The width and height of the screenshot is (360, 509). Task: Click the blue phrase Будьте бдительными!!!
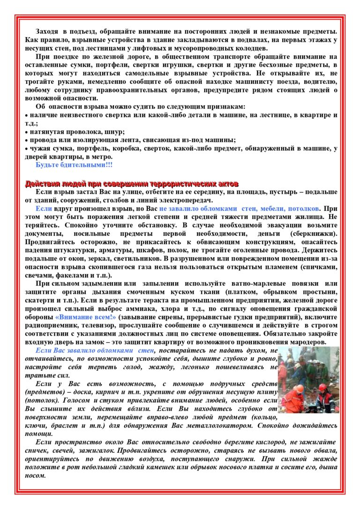coord(74,165)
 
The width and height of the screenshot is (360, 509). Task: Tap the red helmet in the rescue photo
coord(322,387)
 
